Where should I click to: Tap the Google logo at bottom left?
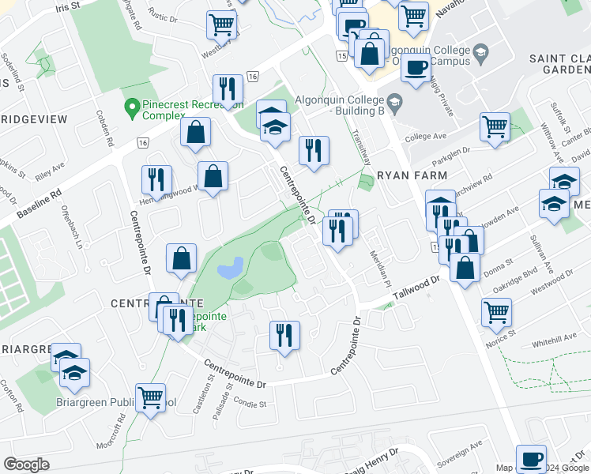tap(26, 464)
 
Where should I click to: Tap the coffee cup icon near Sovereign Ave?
tap(531, 458)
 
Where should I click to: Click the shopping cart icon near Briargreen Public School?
tap(150, 398)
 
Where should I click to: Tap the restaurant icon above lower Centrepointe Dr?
tap(284, 334)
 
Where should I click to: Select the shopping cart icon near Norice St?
tap(496, 311)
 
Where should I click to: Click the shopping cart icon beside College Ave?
tap(495, 126)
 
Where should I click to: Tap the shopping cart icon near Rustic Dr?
tap(221, 24)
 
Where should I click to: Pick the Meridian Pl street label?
tap(381, 269)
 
